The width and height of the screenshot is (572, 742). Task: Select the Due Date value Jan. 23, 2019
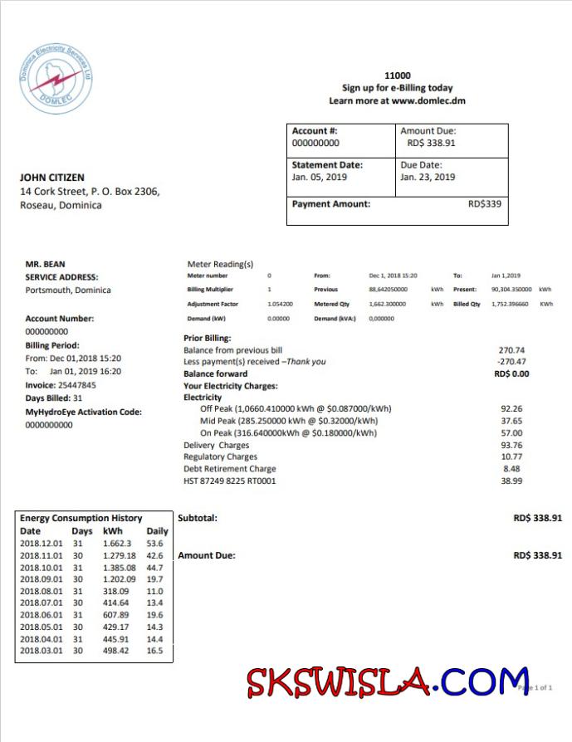point(428,177)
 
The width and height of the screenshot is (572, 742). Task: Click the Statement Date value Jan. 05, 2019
point(320,177)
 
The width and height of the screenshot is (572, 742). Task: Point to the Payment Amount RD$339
point(485,203)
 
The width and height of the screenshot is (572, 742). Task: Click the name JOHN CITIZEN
point(51,178)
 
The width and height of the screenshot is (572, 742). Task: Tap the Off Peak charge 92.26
point(511,408)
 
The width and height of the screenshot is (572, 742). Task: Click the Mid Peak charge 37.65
point(511,421)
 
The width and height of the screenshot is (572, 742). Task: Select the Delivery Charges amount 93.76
point(511,445)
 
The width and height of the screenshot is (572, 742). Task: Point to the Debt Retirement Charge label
point(230,469)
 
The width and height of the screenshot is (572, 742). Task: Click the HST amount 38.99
point(511,481)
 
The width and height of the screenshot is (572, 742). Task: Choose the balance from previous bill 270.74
point(511,350)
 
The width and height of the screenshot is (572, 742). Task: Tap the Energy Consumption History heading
point(81,518)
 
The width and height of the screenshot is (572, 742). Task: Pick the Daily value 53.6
point(154,543)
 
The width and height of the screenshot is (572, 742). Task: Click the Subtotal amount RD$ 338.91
point(537,518)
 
